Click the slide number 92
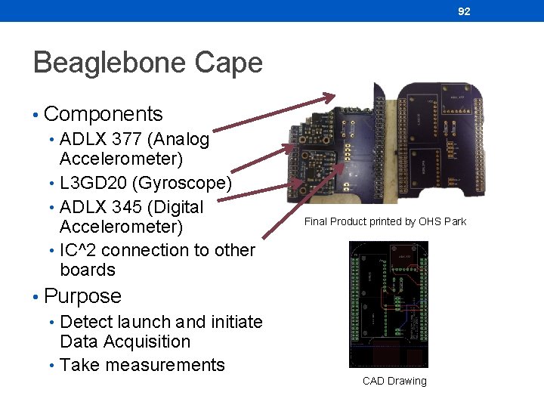(x=464, y=11)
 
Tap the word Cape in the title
(x=234, y=62)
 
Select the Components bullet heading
(x=104, y=114)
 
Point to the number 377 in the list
(x=132, y=139)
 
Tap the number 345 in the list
(x=132, y=207)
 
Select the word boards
(x=88, y=270)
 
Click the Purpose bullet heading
(x=82, y=296)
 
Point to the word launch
(x=136, y=322)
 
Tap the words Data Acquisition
(x=125, y=342)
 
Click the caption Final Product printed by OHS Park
(x=385, y=221)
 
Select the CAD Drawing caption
(x=394, y=381)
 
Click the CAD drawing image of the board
(x=388, y=304)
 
